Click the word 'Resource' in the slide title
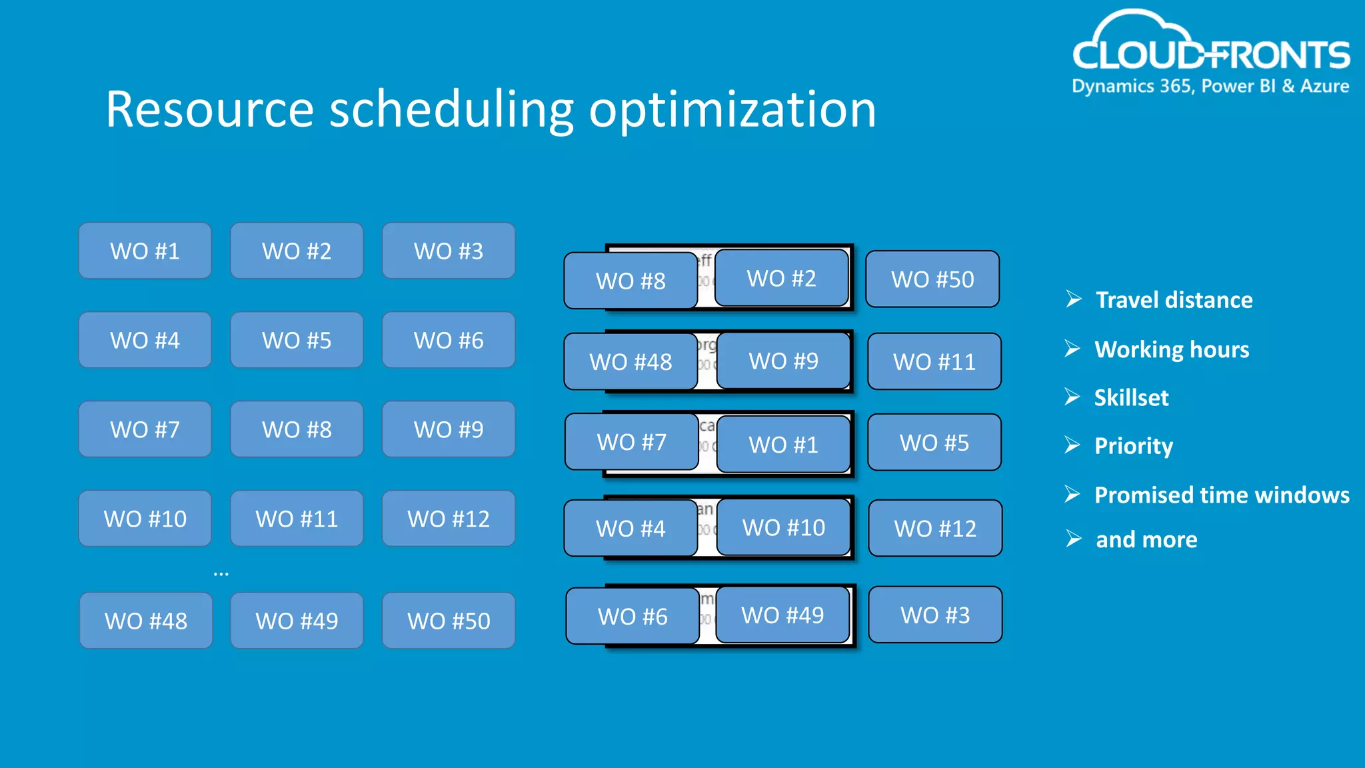pos(209,110)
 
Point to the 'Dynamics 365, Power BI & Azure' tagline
pos(1210,87)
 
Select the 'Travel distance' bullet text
pos(1174,300)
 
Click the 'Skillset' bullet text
pos(1131,398)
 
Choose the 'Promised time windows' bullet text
pos(1222,495)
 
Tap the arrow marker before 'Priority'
pos(1072,445)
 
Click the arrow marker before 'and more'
pos(1073,539)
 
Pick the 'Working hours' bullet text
pos(1172,349)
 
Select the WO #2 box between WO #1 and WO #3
pos(297,251)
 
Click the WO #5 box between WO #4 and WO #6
pos(297,341)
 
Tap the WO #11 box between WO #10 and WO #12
pos(297,519)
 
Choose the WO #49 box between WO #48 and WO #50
pos(297,621)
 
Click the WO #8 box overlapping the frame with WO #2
pos(630,281)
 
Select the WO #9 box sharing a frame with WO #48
pos(783,361)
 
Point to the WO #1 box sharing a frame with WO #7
pos(783,445)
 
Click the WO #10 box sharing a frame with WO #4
pos(783,527)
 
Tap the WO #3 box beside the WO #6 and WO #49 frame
pos(935,615)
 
